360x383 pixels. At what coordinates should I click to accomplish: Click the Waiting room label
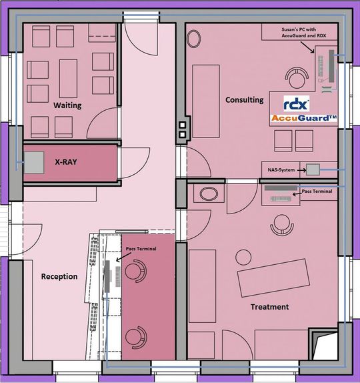pyautogui.click(x=67, y=105)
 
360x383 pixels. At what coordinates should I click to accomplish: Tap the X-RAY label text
pyautogui.click(x=66, y=162)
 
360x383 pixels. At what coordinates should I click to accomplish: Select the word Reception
pyautogui.click(x=59, y=276)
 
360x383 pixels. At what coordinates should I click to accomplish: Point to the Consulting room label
pyautogui.click(x=244, y=100)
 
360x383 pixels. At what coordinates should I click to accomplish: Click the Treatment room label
pyautogui.click(x=270, y=307)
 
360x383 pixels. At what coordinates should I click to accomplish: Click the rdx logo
pyautogui.click(x=296, y=104)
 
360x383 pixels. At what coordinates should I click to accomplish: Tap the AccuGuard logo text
pyautogui.click(x=304, y=118)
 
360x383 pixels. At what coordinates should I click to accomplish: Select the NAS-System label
pyautogui.click(x=281, y=170)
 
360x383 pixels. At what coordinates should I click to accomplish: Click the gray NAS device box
pyautogui.click(x=313, y=169)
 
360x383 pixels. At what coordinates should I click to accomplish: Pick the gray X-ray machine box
pyautogui.click(x=34, y=163)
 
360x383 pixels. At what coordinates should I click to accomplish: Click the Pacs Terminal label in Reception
pyautogui.click(x=141, y=249)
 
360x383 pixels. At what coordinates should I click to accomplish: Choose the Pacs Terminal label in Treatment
pyautogui.click(x=317, y=191)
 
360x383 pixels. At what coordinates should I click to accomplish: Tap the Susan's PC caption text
pyautogui.click(x=303, y=33)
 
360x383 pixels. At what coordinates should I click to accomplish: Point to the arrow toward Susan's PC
pyautogui.click(x=307, y=47)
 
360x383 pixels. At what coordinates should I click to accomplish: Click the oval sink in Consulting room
pyautogui.click(x=194, y=39)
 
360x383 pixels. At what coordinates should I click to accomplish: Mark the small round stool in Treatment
pyautogui.click(x=243, y=257)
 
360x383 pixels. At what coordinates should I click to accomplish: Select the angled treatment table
pyautogui.click(x=273, y=278)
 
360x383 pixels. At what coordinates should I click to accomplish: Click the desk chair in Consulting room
pyautogui.click(x=297, y=78)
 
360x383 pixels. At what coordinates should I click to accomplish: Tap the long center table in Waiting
pyautogui.click(x=69, y=79)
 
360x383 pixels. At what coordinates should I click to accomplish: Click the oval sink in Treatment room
pyautogui.click(x=209, y=194)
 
